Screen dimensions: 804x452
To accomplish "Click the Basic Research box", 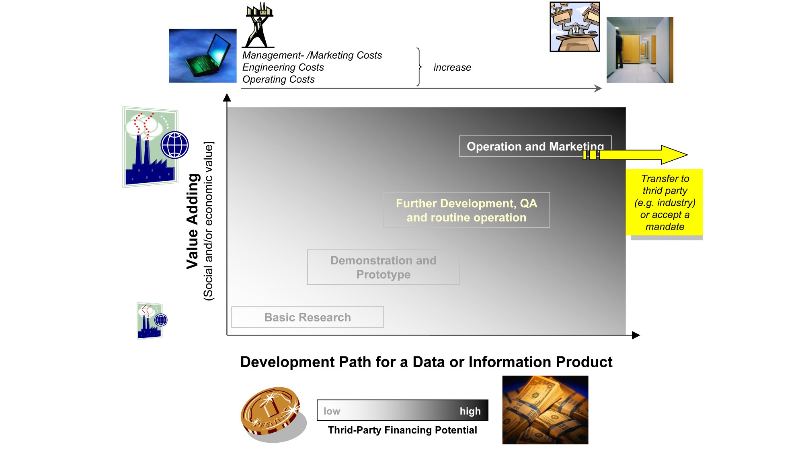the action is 308,317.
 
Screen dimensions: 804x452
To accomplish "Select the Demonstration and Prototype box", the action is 383,267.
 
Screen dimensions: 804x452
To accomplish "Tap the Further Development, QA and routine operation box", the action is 466,210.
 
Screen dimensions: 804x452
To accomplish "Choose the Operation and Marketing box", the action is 535,146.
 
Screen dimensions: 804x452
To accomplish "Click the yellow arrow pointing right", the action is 635,155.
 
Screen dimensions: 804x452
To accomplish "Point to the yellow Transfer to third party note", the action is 665,202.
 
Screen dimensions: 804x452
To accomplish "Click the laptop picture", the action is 203,55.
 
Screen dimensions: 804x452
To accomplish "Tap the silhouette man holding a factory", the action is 259,25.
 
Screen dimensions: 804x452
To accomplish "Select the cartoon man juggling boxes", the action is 575,27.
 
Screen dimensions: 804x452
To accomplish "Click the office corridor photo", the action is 640,50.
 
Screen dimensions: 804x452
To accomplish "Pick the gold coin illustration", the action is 273,414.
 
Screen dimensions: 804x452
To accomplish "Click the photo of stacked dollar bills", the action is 545,410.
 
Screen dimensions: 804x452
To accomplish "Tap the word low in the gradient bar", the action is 332,411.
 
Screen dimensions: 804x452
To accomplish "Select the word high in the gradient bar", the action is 470,411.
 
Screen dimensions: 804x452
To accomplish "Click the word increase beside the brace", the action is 452,67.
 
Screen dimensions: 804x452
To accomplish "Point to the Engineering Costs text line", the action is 283,67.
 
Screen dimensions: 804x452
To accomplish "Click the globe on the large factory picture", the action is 175,145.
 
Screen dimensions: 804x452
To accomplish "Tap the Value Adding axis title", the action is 193,221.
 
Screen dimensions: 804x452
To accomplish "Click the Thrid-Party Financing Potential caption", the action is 402,430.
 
